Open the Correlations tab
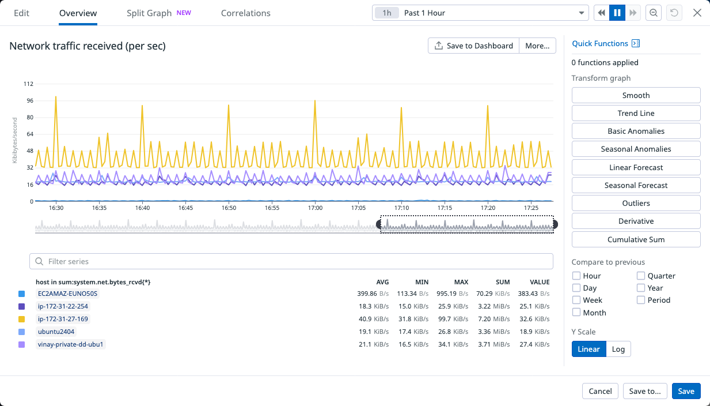tap(245, 13)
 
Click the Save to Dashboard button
tap(473, 46)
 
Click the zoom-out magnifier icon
tap(654, 13)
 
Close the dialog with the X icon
tap(697, 13)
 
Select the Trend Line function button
tap(636, 113)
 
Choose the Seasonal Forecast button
tap(636, 185)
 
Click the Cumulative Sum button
tap(636, 239)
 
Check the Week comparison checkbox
tap(576, 300)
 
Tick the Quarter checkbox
tap(641, 276)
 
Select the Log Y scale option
tap(618, 349)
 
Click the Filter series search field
tap(291, 261)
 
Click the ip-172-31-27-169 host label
tap(63, 319)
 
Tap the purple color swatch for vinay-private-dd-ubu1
tap(22, 344)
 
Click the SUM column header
tap(503, 282)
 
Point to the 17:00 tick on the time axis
tap(315, 208)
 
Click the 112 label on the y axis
tap(28, 84)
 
